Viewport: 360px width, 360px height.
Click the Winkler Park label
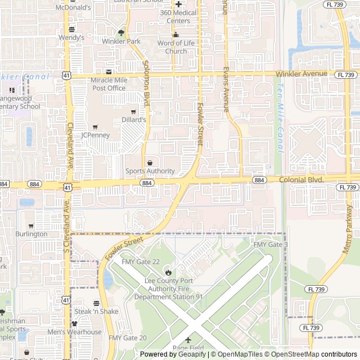coord(121,41)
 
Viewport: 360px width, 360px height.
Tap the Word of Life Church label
coord(176,47)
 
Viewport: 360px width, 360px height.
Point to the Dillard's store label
coord(134,120)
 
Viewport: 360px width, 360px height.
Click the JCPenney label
coord(95,135)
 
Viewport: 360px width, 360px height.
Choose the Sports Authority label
coord(150,171)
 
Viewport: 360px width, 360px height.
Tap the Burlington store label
coord(31,234)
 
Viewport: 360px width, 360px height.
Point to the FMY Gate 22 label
coord(141,262)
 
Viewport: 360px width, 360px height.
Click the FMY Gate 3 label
coord(271,245)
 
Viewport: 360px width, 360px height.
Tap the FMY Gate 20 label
coord(128,338)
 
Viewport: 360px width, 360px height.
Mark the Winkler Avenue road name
coord(301,74)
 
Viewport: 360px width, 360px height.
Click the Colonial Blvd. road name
coord(301,179)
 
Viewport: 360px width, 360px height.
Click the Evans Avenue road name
coord(226,90)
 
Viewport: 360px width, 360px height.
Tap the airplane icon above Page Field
coord(188,340)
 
